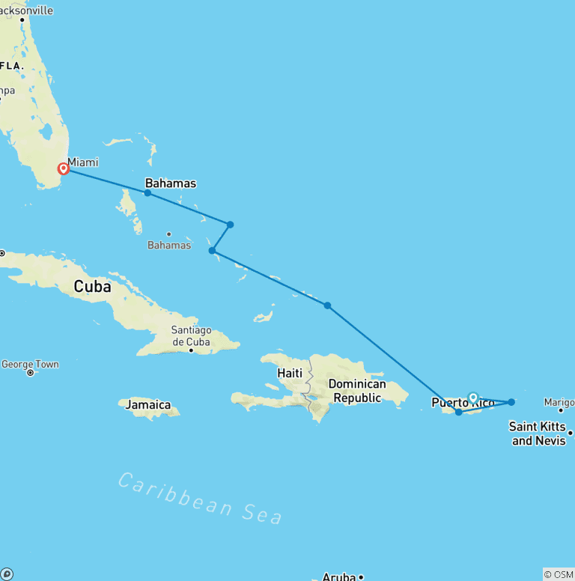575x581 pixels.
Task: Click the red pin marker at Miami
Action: click(x=64, y=168)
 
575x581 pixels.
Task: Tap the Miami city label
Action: click(x=83, y=162)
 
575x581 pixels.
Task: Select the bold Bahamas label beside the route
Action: click(x=171, y=183)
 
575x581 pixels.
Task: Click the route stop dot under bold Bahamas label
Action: click(x=147, y=193)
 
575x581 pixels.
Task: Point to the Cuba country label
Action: click(x=92, y=286)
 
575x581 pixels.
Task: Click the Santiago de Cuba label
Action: click(x=192, y=336)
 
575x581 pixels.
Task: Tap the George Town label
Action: click(x=30, y=364)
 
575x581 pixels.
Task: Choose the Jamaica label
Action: click(x=148, y=405)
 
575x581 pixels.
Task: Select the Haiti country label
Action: click(x=290, y=373)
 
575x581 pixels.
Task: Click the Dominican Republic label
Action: click(x=358, y=391)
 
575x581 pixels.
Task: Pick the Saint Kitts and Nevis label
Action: click(x=538, y=434)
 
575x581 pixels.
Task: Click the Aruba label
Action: click(x=339, y=577)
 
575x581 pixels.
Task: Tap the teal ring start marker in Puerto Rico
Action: click(x=473, y=398)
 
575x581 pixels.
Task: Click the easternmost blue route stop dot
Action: click(x=511, y=402)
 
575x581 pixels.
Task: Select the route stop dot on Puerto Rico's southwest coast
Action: click(x=458, y=412)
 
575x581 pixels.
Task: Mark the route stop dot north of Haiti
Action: click(x=327, y=305)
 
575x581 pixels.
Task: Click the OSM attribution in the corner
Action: click(x=559, y=574)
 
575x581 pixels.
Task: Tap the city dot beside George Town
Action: click(x=30, y=373)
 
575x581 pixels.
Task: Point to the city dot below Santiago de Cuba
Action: click(x=191, y=349)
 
